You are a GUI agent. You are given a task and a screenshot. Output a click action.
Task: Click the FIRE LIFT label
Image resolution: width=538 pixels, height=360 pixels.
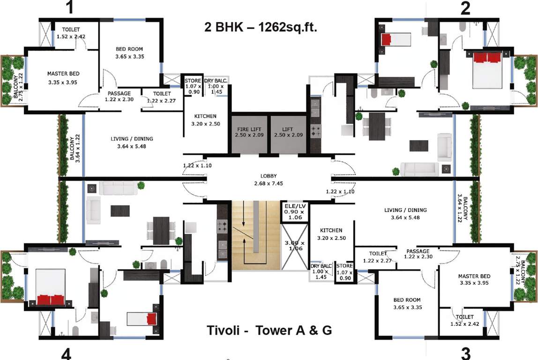tap(249, 129)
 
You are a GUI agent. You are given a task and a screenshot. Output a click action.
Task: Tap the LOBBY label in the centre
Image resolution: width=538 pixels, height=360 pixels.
tap(269, 176)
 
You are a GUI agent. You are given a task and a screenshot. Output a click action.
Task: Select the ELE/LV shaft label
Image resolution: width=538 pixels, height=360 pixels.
tap(295, 206)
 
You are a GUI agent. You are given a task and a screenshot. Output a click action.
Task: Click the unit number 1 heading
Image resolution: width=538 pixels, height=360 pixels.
tap(71, 7)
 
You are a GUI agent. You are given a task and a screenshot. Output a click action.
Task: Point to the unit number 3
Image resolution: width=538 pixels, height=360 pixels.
tap(466, 353)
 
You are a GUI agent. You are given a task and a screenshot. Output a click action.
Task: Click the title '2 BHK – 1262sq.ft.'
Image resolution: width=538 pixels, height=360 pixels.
tap(261, 27)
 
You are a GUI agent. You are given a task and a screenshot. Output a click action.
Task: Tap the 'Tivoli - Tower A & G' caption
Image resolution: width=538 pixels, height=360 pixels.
tap(269, 330)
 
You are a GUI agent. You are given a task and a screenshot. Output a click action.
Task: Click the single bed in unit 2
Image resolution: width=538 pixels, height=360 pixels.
tap(396, 39)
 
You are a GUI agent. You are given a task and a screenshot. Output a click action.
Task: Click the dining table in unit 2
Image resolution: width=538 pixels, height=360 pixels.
tap(377, 126)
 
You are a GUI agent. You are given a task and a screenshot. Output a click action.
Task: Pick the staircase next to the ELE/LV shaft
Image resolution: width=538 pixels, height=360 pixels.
tap(256, 235)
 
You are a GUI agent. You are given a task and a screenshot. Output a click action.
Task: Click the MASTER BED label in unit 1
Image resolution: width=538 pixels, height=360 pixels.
tap(63, 74)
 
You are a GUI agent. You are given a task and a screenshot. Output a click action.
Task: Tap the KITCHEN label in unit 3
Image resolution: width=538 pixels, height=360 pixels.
tap(331, 230)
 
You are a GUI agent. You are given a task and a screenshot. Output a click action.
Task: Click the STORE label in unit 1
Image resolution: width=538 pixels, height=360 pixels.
tap(193, 81)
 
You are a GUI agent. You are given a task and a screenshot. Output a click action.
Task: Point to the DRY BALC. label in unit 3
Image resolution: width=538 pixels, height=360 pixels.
tap(321, 266)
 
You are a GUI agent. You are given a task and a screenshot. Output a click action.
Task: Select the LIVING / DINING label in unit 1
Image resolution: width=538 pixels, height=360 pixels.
tap(132, 139)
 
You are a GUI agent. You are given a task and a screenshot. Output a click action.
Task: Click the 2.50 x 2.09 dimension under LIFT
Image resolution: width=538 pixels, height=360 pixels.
tap(288, 135)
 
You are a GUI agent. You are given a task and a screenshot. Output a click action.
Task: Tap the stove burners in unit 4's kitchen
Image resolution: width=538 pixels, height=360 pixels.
tap(222, 226)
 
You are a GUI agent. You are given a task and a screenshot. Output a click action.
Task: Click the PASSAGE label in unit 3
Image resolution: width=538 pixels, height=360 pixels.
tap(418, 251)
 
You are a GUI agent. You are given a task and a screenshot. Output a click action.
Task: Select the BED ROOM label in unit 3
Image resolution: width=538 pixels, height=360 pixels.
tap(407, 300)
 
